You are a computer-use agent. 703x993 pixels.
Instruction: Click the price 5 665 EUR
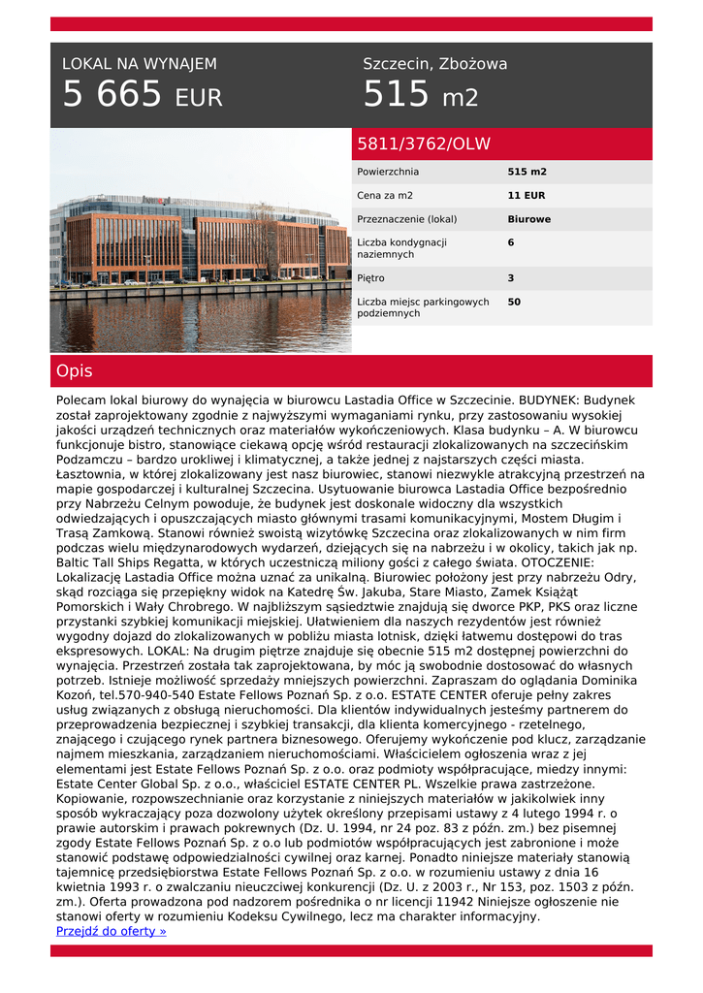[x=143, y=96]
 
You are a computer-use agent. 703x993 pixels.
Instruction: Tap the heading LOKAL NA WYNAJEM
[x=140, y=64]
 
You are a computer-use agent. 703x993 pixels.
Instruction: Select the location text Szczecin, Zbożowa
[x=434, y=64]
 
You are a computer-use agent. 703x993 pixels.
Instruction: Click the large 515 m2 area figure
[x=420, y=96]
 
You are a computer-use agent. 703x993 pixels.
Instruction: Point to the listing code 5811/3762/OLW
[x=424, y=144]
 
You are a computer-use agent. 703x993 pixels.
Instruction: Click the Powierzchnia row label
[x=388, y=172]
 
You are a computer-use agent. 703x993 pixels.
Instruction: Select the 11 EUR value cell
[x=527, y=196]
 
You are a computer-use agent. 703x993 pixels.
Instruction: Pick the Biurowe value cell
[x=528, y=219]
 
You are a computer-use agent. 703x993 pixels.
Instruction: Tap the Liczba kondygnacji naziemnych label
[x=401, y=248]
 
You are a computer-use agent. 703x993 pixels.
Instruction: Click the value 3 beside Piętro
[x=511, y=278]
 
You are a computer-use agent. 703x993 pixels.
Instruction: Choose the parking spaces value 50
[x=514, y=303]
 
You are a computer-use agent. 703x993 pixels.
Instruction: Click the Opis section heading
[x=75, y=371]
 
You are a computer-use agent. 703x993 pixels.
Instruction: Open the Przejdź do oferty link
[x=112, y=931]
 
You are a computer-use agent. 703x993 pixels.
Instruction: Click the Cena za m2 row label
[x=385, y=196]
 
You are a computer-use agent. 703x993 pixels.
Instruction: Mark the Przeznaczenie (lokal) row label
[x=406, y=219]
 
